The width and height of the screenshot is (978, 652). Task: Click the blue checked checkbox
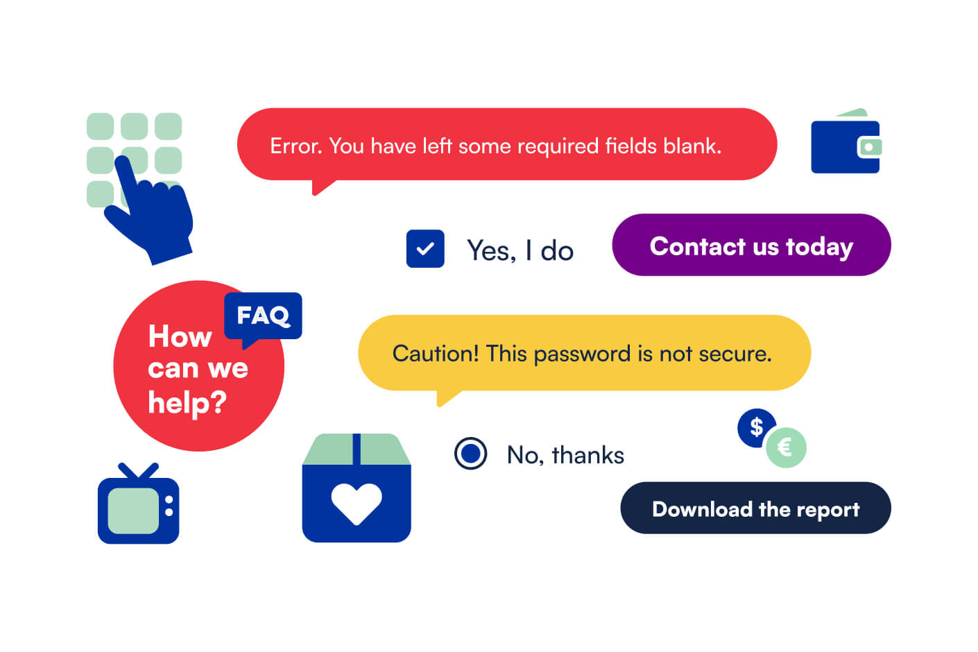[424, 248]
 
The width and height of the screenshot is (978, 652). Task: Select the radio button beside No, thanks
[470, 454]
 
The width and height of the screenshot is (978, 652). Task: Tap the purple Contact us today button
[750, 246]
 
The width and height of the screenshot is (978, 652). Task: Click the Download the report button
[755, 508]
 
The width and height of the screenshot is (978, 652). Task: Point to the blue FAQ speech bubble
[264, 316]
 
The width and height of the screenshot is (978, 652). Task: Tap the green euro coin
[786, 447]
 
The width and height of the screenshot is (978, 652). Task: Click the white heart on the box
[357, 502]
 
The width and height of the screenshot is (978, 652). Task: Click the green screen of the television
[134, 511]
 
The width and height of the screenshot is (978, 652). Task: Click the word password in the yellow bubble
[581, 354]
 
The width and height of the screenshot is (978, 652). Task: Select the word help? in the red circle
[187, 403]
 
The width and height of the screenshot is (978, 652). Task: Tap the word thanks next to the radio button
[587, 455]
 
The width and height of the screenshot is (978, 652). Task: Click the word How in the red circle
[180, 336]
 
